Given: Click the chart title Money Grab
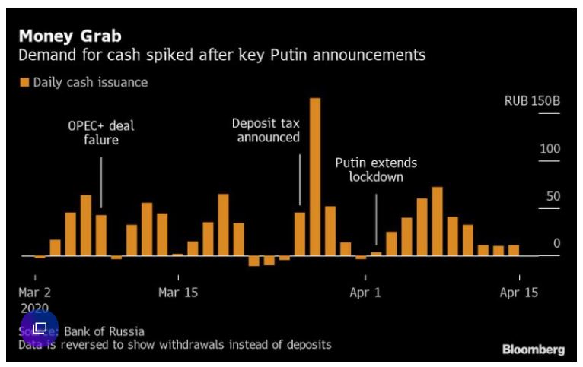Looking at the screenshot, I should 70,36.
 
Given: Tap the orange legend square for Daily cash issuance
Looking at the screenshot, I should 24,82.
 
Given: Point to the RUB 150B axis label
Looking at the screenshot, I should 532,102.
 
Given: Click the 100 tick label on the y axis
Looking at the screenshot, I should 550,149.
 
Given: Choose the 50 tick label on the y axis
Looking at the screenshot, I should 552,196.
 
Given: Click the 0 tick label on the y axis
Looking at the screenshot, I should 556,243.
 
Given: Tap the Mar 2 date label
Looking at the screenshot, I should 35,292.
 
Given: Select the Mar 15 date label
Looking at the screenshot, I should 178,292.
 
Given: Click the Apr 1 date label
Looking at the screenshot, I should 366,292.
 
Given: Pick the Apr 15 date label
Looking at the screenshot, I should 519,292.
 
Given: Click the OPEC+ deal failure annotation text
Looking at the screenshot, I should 101,132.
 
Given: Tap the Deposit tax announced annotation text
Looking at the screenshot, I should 266,129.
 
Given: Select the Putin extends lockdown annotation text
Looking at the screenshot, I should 376,169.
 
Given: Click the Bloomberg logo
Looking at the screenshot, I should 534,350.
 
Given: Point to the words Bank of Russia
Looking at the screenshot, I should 104,331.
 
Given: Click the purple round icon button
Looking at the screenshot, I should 40,328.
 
